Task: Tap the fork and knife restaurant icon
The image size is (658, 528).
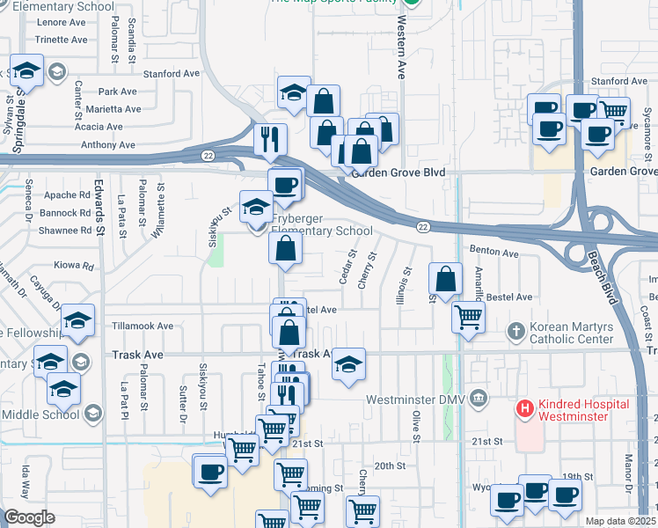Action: [x=271, y=138]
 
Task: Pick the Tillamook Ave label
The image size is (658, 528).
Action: [x=143, y=326]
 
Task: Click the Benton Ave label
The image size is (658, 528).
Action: [x=498, y=253]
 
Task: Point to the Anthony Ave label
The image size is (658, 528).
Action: [x=107, y=145]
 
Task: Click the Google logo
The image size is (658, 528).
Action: [x=30, y=517]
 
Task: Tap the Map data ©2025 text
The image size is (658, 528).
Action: [x=620, y=521]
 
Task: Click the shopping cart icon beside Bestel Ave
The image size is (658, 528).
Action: [x=469, y=317]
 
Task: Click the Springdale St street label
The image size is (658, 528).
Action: [x=20, y=93]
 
